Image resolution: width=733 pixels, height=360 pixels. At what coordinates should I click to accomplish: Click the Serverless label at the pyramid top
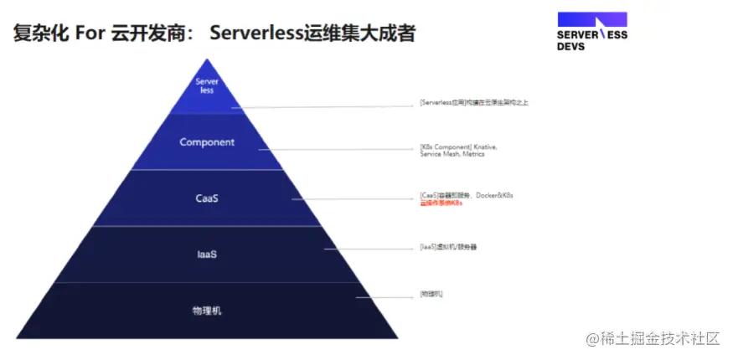tap(207, 85)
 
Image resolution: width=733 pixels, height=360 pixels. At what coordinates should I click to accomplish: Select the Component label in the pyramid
tap(207, 142)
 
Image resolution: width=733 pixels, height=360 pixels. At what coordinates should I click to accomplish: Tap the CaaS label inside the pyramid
tap(207, 198)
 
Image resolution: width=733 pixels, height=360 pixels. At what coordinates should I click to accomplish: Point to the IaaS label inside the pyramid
tap(207, 254)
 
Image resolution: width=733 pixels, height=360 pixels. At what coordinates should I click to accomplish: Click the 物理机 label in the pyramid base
tap(207, 311)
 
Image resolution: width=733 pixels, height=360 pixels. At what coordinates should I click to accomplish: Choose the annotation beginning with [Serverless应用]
tap(473, 103)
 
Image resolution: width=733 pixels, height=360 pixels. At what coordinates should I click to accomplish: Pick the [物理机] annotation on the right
tap(431, 294)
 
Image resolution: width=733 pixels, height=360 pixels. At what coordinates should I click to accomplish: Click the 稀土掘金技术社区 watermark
tap(653, 338)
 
